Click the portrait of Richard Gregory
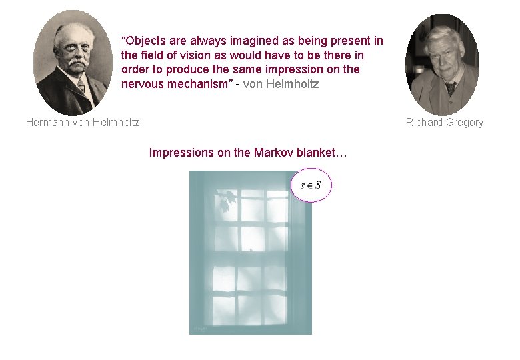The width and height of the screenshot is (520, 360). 442,64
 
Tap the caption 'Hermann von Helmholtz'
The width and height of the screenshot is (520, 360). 83,122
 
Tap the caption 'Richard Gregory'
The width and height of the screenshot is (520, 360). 445,122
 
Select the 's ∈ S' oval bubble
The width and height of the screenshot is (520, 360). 311,185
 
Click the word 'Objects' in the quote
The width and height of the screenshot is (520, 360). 145,41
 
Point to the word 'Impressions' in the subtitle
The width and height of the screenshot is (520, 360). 182,153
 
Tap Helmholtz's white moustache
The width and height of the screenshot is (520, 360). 77,63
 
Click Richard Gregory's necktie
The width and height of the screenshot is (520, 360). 451,88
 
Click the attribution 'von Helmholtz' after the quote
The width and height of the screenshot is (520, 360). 281,84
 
